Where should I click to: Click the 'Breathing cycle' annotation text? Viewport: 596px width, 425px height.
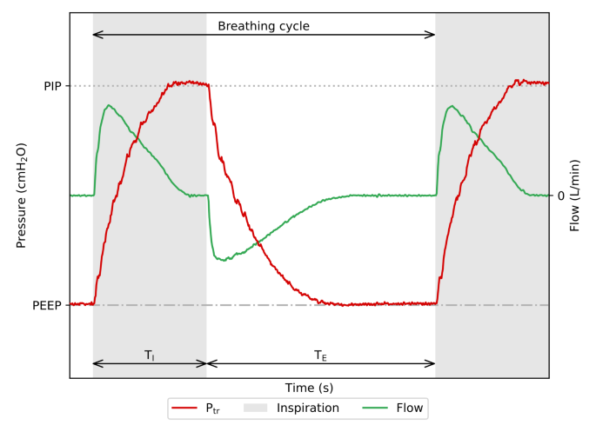point(264,26)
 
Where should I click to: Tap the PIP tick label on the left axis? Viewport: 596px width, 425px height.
point(52,86)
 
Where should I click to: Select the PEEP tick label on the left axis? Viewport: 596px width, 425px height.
point(47,305)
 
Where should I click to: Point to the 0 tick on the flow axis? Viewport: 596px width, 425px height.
point(560,196)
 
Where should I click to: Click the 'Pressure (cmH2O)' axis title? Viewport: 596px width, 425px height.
point(22,196)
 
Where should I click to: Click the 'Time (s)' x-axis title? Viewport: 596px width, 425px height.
point(309,388)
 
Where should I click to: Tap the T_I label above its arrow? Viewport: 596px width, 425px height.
point(150,355)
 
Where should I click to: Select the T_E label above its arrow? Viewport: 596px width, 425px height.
point(320,355)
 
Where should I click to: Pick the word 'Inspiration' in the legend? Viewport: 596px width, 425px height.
point(309,408)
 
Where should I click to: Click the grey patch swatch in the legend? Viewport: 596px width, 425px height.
point(255,408)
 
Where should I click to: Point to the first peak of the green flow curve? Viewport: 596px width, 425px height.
point(108,106)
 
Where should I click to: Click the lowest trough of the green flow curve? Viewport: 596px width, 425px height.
point(225,259)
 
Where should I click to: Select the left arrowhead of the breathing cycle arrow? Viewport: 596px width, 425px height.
point(96,35)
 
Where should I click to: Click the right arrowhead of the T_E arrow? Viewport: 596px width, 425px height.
point(432,363)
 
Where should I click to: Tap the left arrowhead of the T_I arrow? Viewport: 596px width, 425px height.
point(96,363)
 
